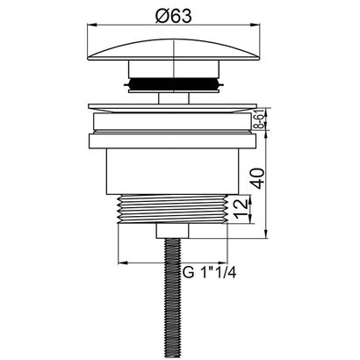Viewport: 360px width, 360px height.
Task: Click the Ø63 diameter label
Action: point(174,15)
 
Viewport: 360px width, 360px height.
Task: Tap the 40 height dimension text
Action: point(258,178)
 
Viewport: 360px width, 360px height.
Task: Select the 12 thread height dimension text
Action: point(241,209)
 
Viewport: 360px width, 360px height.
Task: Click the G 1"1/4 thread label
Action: point(209,273)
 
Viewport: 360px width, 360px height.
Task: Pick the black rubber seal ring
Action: point(174,84)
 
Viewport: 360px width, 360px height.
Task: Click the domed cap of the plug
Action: point(174,50)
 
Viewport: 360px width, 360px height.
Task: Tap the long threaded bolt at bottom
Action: point(173,299)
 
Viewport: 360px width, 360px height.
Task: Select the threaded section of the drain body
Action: point(173,209)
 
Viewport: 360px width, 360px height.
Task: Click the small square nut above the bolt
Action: point(173,231)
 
